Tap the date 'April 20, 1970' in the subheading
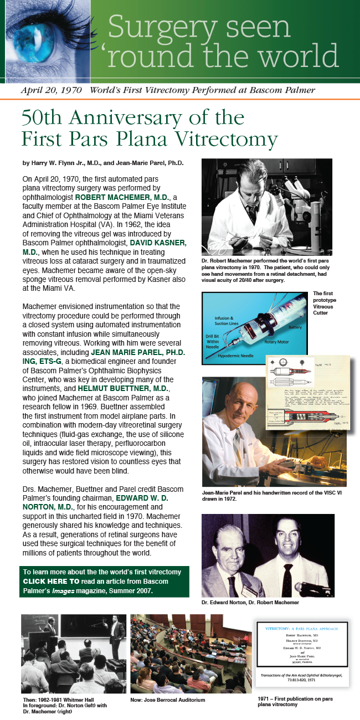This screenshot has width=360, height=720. tap(51, 90)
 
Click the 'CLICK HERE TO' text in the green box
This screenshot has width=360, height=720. tap(52, 581)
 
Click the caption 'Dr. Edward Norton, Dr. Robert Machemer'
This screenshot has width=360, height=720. tap(250, 602)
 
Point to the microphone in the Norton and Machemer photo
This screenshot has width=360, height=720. tap(310, 587)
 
